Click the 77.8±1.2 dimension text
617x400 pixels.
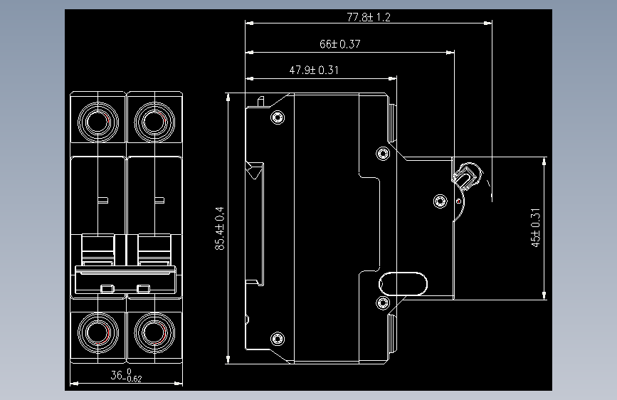[x=369, y=16]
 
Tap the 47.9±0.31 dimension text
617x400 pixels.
[x=313, y=70]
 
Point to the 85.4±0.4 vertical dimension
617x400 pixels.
[x=220, y=228]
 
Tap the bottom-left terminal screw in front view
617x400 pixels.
[x=99, y=332]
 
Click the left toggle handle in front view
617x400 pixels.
[x=99, y=249]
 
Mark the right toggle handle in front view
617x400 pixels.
[x=154, y=249]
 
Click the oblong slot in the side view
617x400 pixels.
[x=404, y=284]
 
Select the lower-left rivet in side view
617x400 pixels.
[x=278, y=338]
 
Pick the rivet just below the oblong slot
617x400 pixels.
[x=384, y=304]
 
